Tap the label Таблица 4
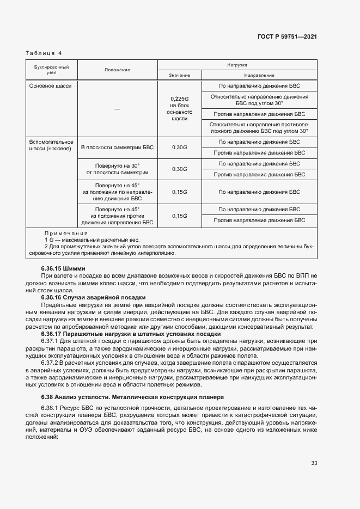pyautogui.click(x=44, y=53)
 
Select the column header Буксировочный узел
pyautogui.click(x=51, y=70)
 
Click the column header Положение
pyautogui.click(x=117, y=70)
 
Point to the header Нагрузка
pyautogui.click(x=237, y=64)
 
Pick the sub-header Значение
pyautogui.click(x=179, y=75)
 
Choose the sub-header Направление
pyautogui.click(x=259, y=75)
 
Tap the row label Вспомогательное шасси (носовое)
pyautogui.click(x=50, y=145)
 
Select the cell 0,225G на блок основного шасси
pyautogui.click(x=179, y=108)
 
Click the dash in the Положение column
pyautogui.click(x=117, y=109)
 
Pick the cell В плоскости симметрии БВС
pyautogui.click(x=117, y=148)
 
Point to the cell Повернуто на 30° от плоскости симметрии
pyautogui.click(x=117, y=168)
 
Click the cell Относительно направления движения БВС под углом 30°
pyautogui.click(x=259, y=100)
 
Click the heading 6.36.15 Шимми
pyautogui.click(x=63, y=268)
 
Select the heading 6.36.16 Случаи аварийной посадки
pyautogui.click(x=93, y=297)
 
